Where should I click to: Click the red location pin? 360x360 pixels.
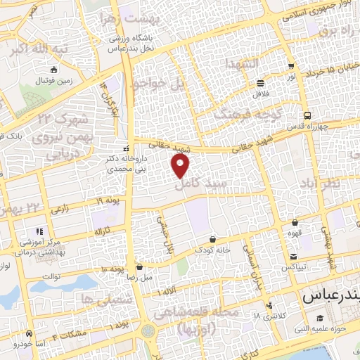click(181, 165)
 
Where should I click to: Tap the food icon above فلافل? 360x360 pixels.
click(261, 82)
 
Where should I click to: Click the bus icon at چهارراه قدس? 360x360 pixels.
click(307, 116)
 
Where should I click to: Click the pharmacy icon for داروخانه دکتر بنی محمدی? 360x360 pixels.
click(126, 148)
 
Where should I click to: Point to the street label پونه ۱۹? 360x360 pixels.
click(110, 202)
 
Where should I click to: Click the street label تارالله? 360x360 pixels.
click(103, 232)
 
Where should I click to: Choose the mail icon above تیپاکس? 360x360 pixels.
click(292, 257)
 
